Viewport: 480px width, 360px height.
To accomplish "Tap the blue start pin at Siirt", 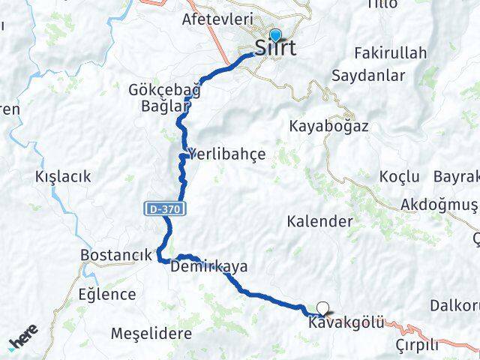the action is coord(275,35).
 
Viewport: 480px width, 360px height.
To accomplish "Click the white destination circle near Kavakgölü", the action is coord(323,307).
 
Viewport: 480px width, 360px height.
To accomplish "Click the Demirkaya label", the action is coord(209,266).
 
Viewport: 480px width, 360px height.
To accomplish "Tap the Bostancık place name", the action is coord(116,255).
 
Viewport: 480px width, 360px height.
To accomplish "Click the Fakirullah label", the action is coord(390,52).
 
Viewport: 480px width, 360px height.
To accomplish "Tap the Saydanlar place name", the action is coord(379,76).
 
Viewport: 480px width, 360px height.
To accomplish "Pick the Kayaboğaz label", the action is coord(328,127).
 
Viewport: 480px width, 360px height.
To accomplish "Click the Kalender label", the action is coord(319,221).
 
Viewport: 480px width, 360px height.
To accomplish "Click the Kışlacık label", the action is coord(63,177).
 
